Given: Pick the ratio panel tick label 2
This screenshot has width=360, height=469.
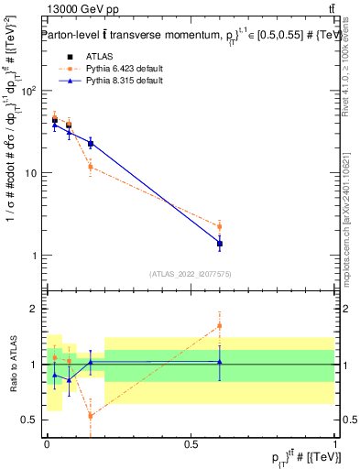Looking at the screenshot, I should pyautogui.click(x=34, y=309).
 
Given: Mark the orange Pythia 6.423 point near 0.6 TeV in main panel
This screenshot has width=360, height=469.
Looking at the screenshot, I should pyautogui.click(x=220, y=226).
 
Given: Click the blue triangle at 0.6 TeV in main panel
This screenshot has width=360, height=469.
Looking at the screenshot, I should pyautogui.click(x=220, y=243).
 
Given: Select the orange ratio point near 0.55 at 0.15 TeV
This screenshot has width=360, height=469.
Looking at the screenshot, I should pyautogui.click(x=90, y=416).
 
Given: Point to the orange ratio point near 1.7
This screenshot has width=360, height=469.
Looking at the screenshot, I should pyautogui.click(x=220, y=325).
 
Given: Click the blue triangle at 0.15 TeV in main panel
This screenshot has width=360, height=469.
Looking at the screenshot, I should pyautogui.click(x=90, y=143).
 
